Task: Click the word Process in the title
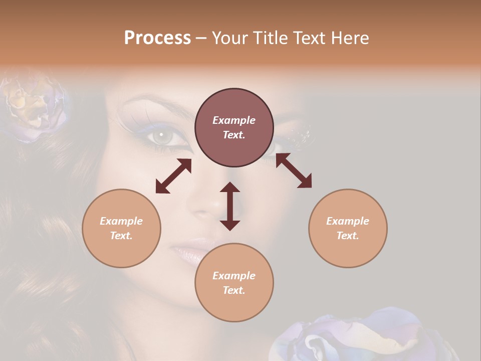pyautogui.click(x=157, y=38)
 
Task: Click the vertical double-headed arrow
pyautogui.click(x=230, y=206)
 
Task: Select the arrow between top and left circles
pyautogui.click(x=173, y=176)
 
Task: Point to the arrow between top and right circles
pyautogui.click(x=294, y=170)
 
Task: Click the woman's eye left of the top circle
pyautogui.click(x=161, y=135)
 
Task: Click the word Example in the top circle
pyautogui.click(x=234, y=120)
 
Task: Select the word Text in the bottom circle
pyautogui.click(x=234, y=290)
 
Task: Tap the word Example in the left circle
pyautogui.click(x=121, y=221)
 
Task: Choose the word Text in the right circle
pyautogui.click(x=348, y=236)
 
